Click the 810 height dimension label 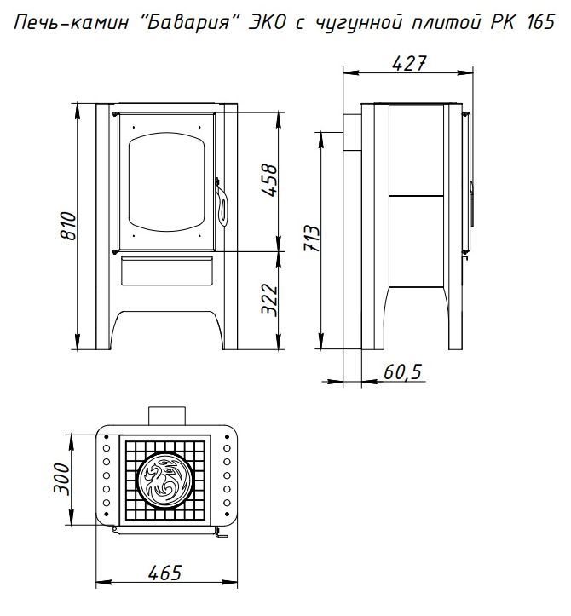click(68, 227)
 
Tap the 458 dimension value click(269, 181)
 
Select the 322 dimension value click(269, 299)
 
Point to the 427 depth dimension click(409, 63)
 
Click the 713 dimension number click(313, 238)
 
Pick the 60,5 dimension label click(403, 371)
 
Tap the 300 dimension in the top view click(61, 479)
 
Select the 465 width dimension click(165, 573)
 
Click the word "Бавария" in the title click(189, 22)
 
